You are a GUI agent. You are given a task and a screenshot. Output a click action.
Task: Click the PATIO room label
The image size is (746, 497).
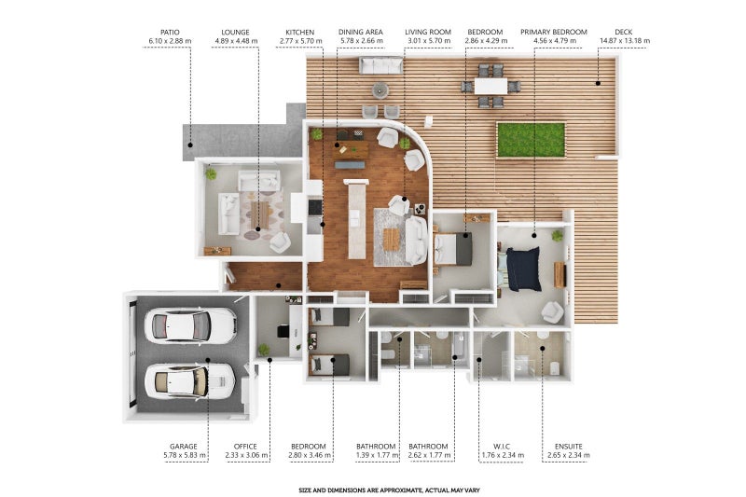(x=170, y=33)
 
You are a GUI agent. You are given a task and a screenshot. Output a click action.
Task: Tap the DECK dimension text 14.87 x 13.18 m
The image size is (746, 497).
(x=625, y=41)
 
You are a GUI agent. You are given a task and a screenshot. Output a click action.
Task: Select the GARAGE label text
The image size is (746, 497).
(x=183, y=447)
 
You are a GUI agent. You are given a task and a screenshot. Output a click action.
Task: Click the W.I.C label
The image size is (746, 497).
(x=502, y=447)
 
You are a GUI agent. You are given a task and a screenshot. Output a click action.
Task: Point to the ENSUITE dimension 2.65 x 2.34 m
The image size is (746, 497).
(x=569, y=455)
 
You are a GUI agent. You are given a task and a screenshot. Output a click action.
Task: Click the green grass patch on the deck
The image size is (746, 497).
(x=531, y=140)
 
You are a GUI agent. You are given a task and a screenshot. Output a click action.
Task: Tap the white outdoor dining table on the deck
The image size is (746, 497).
(x=490, y=86)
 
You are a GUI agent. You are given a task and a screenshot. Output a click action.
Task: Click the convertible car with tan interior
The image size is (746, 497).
(x=189, y=381)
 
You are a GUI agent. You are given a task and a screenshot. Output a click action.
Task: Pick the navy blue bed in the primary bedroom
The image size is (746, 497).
(x=522, y=269)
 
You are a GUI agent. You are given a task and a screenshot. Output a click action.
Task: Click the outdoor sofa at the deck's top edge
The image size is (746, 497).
(x=381, y=65)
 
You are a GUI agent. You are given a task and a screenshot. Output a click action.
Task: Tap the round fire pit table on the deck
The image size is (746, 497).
(x=380, y=90)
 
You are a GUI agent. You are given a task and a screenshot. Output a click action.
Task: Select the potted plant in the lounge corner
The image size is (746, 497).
(x=211, y=174)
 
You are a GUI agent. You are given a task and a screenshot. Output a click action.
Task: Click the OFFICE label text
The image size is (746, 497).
(x=245, y=447)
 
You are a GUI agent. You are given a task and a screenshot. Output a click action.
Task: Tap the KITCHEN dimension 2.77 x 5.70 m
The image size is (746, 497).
(x=299, y=41)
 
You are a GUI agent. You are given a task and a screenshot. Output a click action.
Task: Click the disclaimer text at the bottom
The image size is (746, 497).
(x=389, y=490)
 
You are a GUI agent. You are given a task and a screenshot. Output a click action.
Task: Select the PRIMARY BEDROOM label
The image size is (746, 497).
(x=554, y=32)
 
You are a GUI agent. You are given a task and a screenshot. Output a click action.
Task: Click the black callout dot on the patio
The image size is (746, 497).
(x=190, y=145)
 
